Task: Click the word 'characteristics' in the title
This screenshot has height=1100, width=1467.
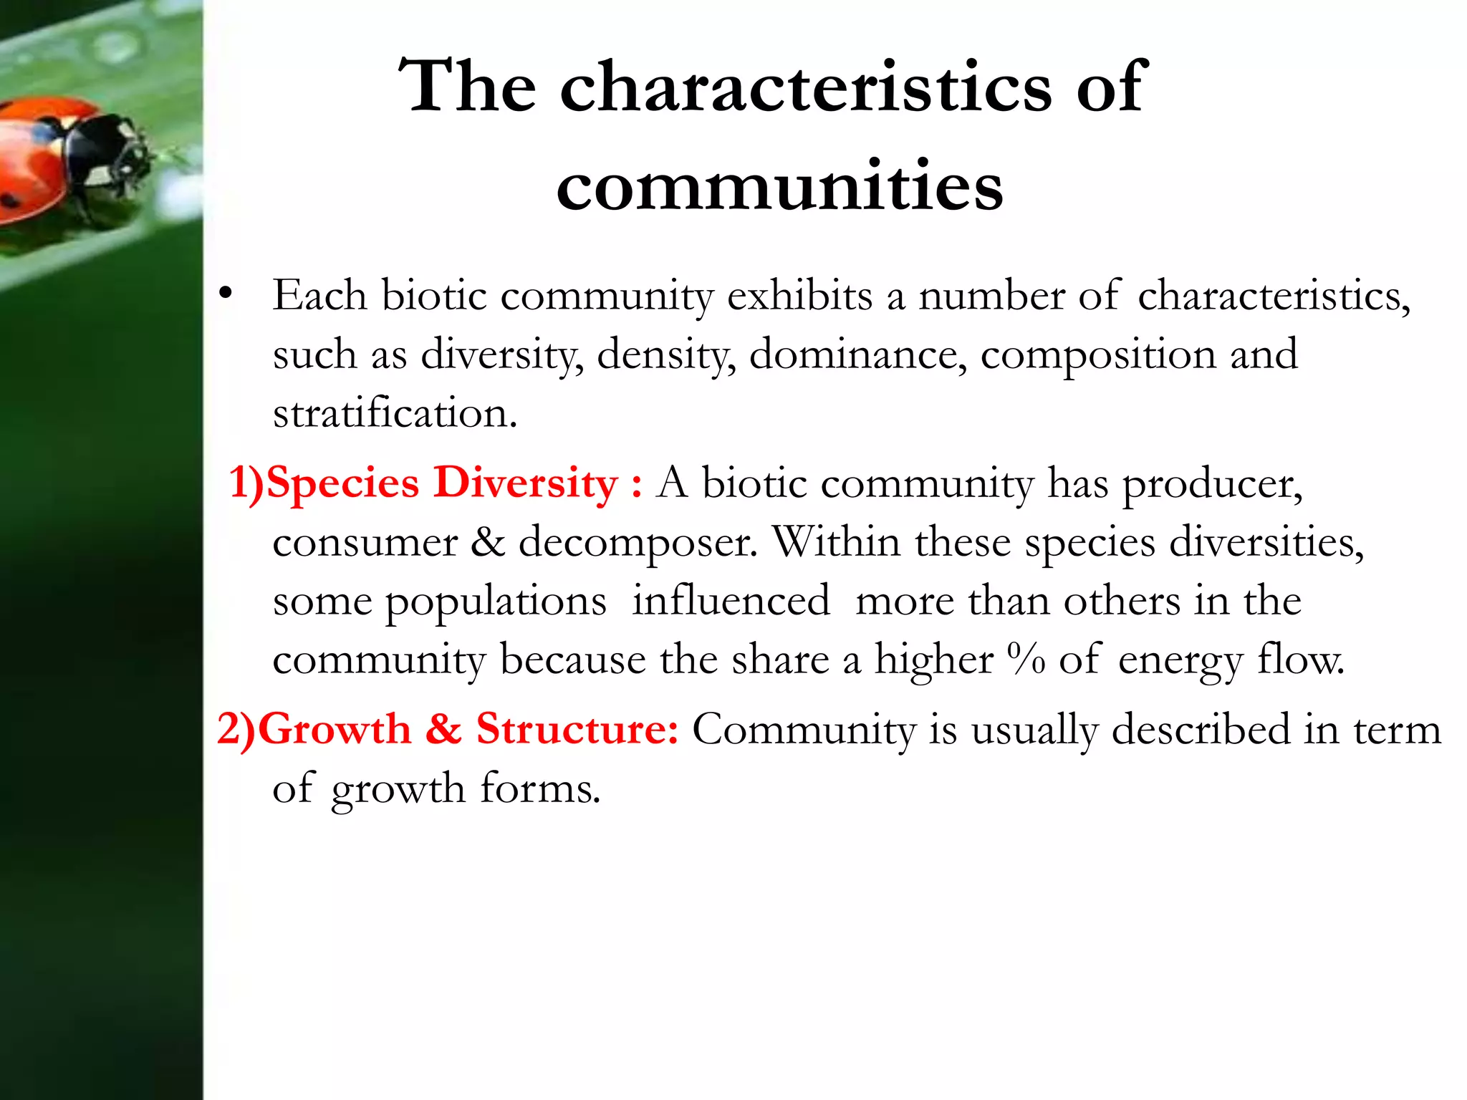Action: pos(805,87)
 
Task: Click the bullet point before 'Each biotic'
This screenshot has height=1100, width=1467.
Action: pos(226,293)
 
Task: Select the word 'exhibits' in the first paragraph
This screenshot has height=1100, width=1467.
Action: pos(799,296)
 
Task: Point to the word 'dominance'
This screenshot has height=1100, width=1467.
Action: pos(857,354)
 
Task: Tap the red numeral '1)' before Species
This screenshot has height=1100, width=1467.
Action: pos(246,483)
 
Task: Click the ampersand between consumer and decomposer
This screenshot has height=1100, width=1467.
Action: pos(488,542)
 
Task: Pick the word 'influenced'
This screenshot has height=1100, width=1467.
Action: pos(730,601)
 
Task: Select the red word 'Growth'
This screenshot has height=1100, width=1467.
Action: pos(334,730)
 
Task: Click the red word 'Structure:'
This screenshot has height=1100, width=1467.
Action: pos(577,730)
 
